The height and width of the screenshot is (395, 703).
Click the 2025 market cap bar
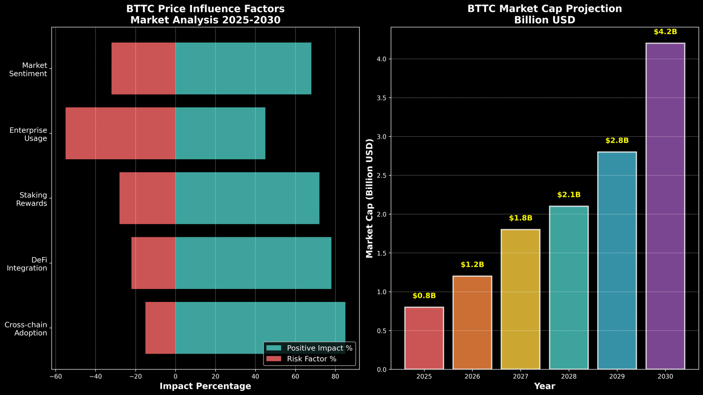pyautogui.click(x=424, y=338)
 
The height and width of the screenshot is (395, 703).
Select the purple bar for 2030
pyautogui.click(x=665, y=206)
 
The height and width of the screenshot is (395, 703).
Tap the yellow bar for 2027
pyautogui.click(x=520, y=299)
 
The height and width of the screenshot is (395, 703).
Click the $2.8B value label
pyautogui.click(x=617, y=141)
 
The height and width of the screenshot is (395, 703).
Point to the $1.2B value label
pyautogui.click(x=472, y=265)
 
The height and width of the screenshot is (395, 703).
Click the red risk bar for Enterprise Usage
pyautogui.click(x=120, y=133)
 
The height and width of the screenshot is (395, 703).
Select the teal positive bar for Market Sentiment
pyautogui.click(x=243, y=68)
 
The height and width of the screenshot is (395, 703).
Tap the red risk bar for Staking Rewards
pyautogui.click(x=148, y=198)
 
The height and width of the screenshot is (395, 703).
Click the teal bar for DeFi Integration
pyautogui.click(x=253, y=263)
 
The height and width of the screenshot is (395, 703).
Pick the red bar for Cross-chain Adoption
pyautogui.click(x=160, y=328)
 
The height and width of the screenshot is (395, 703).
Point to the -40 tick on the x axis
pyautogui.click(x=95, y=377)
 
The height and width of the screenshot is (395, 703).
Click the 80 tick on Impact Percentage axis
pyautogui.click(x=335, y=377)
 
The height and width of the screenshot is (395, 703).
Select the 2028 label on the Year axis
pyautogui.click(x=569, y=377)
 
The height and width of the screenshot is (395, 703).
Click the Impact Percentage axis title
pyautogui.click(x=205, y=386)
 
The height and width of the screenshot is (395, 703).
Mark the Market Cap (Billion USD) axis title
pyautogui.click(x=370, y=198)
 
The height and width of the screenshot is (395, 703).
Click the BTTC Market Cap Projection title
pyautogui.click(x=544, y=9)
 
